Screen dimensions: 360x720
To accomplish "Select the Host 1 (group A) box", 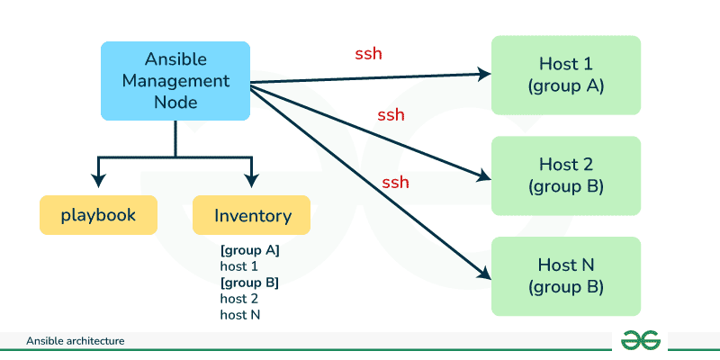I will click(565, 75).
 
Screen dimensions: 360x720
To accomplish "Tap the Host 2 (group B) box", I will click(565, 175).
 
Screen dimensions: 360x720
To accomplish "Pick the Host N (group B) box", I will click(565, 276).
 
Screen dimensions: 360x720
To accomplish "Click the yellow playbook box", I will click(98, 215).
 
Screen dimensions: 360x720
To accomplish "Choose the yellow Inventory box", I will click(252, 215).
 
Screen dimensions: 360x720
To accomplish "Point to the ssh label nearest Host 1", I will click(368, 53).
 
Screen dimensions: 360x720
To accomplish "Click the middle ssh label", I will click(391, 115).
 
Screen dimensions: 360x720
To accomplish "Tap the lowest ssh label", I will click(395, 183).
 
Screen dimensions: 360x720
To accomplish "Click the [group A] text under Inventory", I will click(250, 250).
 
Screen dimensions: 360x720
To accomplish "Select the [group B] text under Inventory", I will click(250, 283).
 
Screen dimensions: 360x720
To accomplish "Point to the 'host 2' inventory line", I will click(239, 299).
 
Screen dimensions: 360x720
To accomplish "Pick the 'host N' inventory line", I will click(240, 315).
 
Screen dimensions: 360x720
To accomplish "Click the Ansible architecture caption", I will click(75, 341).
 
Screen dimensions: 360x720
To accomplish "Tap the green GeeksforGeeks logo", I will click(642, 340).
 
